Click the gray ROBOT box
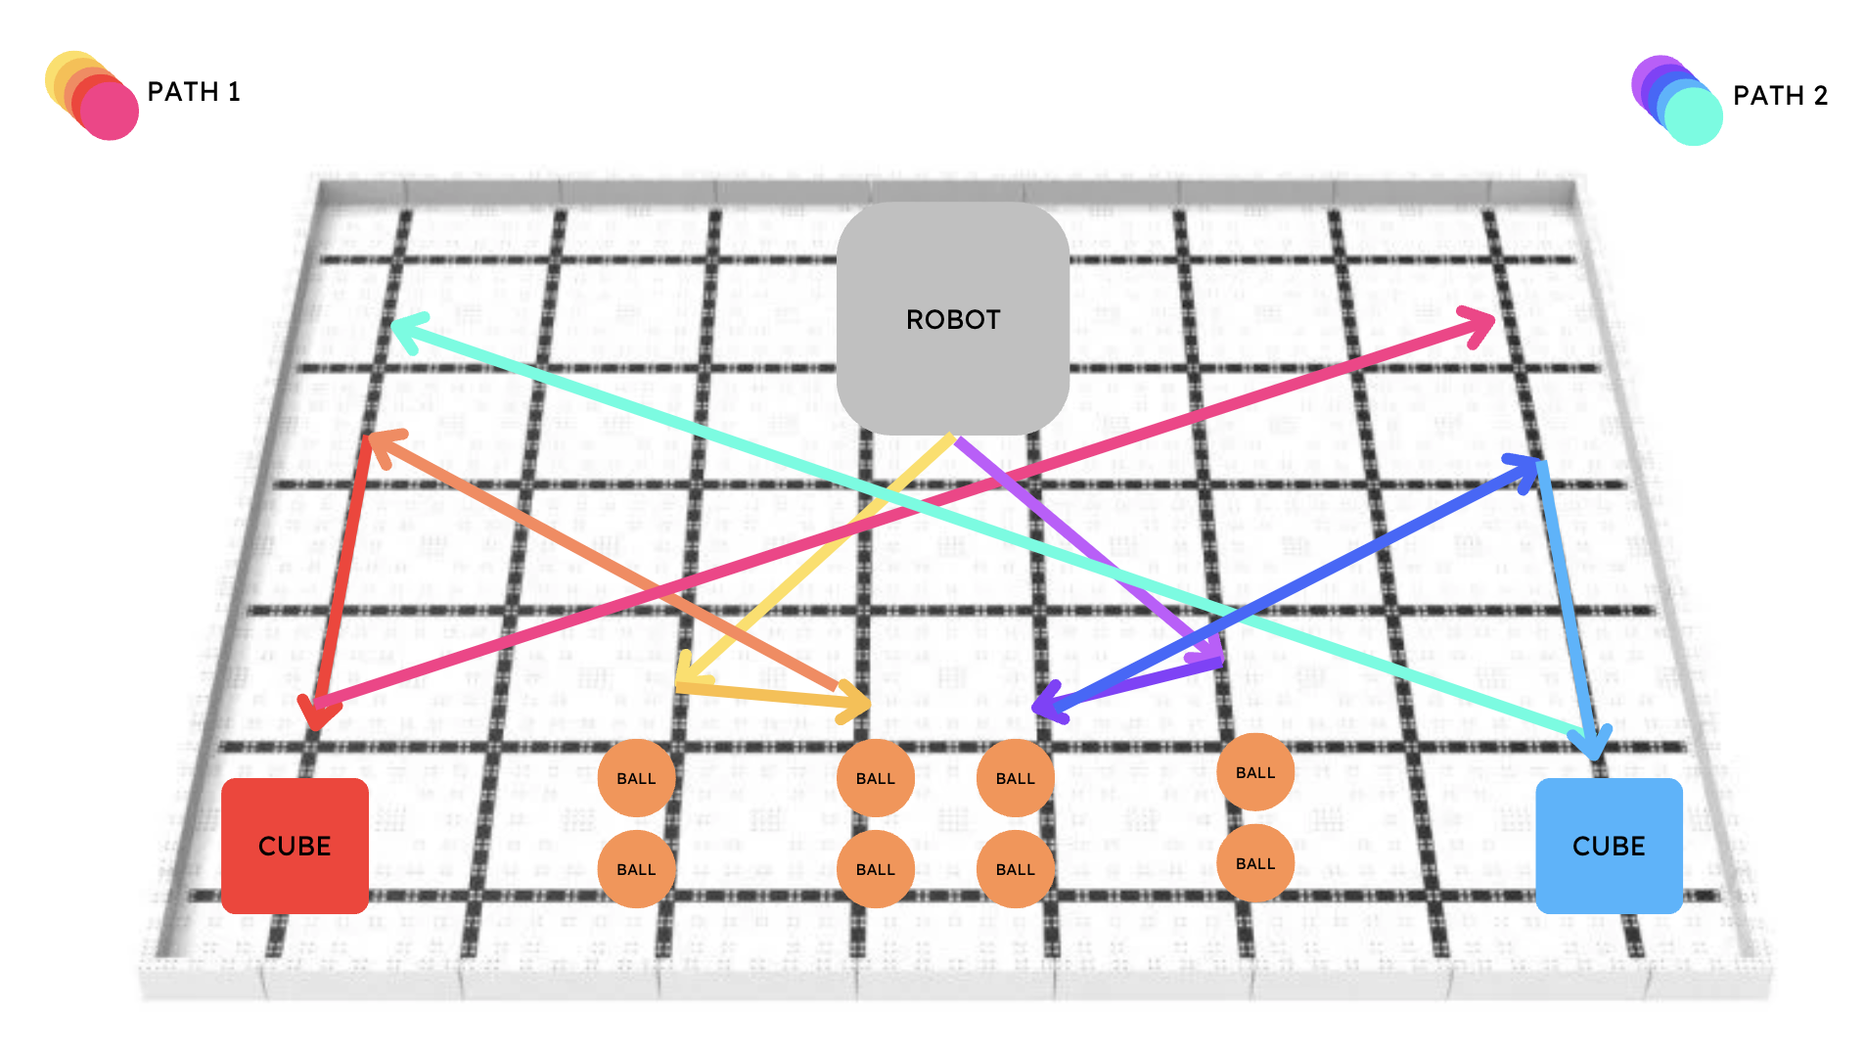[x=951, y=318]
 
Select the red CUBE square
[x=295, y=846]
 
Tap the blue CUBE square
[x=1609, y=846]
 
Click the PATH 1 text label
[x=194, y=92]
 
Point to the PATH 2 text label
[x=1780, y=96]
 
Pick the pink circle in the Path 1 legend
[x=109, y=111]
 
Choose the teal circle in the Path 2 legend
[x=1693, y=115]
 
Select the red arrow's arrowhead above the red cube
[x=316, y=719]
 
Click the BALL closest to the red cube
[x=636, y=869]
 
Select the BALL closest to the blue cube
[x=1255, y=862]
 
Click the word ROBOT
[x=953, y=320]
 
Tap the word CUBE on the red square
[x=295, y=846]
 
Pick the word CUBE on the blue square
[x=1609, y=846]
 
